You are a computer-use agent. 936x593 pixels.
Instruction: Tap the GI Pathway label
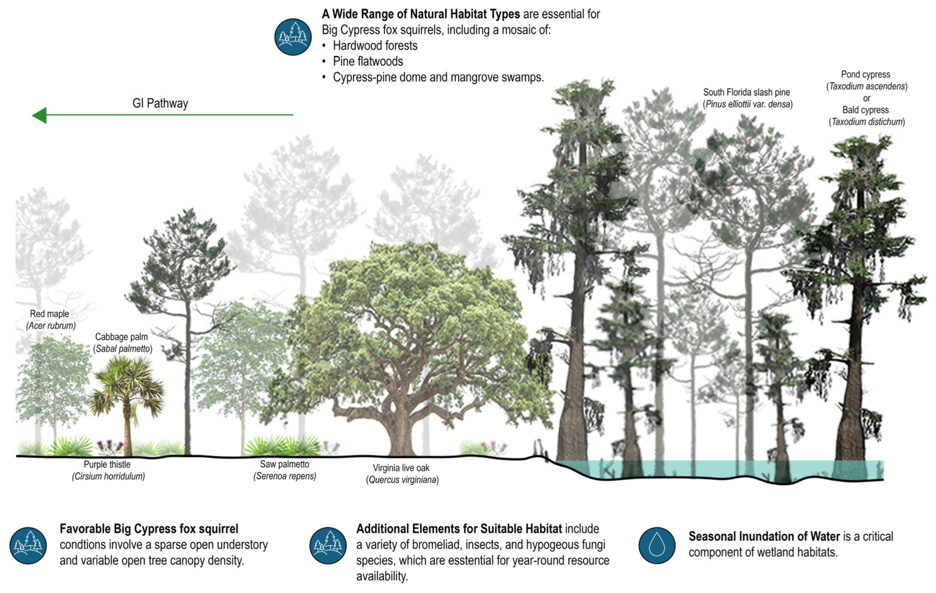click(x=160, y=103)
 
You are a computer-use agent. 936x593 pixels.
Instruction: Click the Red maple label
click(x=49, y=314)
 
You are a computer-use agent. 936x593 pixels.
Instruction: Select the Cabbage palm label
click(x=121, y=337)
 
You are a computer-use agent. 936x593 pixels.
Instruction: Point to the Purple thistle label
click(x=107, y=464)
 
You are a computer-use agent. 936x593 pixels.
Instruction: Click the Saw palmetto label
click(x=285, y=464)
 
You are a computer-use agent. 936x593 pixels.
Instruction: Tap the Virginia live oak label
click(x=401, y=468)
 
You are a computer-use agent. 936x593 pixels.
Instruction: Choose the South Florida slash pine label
click(x=746, y=92)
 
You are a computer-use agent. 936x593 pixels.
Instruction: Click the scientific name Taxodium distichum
click(x=867, y=122)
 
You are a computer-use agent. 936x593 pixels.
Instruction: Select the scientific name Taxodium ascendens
click(x=867, y=86)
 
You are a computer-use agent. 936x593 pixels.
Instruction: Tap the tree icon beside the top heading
click(x=293, y=37)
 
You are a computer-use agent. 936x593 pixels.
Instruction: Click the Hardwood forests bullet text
click(x=375, y=46)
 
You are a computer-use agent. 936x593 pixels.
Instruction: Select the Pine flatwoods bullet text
click(x=368, y=61)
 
